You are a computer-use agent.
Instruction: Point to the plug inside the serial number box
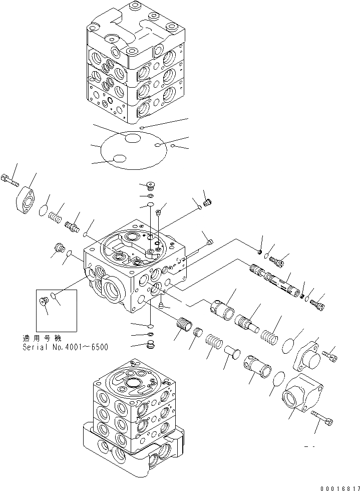coord(43,301)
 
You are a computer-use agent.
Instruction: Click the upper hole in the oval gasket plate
coord(133,138)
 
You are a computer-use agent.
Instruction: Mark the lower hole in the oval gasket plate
coord(119,159)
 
